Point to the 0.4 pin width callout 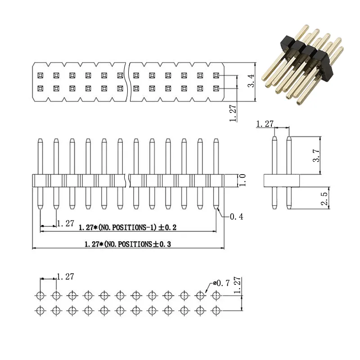point(236,217)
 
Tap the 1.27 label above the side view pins point(265,123)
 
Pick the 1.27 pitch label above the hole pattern point(66,277)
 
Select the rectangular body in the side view point(281,181)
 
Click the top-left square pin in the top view point(40,75)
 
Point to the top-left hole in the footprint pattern point(40,296)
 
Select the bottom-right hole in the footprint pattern point(216,310)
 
